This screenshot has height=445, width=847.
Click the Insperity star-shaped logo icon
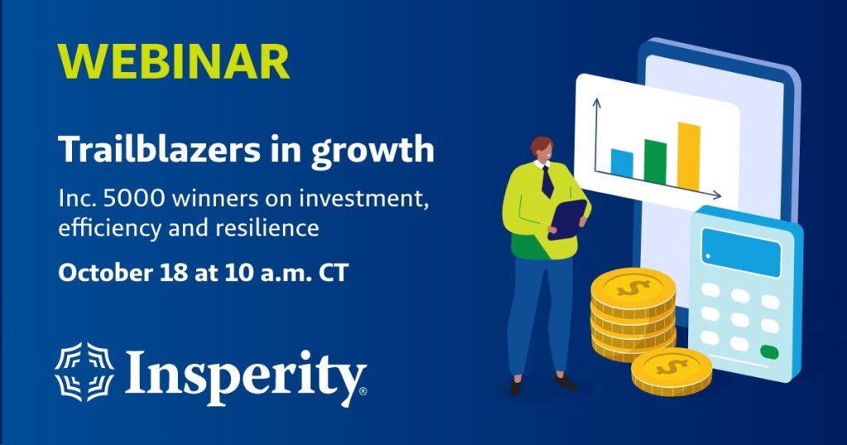[85, 371]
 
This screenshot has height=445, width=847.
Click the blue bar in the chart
[622, 163]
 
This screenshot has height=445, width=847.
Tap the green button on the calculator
[769, 351]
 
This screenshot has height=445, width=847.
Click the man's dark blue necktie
[547, 181]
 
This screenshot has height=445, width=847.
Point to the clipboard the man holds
[567, 218]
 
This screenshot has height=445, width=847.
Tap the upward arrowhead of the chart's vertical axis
[594, 103]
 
